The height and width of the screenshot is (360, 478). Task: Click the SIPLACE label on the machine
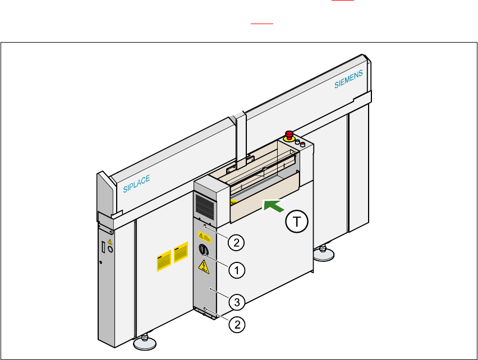(136, 183)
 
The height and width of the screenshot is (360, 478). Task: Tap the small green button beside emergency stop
(296, 142)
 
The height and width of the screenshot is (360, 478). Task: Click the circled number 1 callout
(237, 270)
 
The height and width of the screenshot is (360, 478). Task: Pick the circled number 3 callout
(237, 303)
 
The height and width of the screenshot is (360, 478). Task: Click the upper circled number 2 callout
(236, 242)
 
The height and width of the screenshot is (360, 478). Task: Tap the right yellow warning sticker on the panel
(180, 254)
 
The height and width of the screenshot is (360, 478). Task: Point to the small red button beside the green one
(302, 145)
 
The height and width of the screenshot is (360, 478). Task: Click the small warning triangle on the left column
(109, 242)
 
